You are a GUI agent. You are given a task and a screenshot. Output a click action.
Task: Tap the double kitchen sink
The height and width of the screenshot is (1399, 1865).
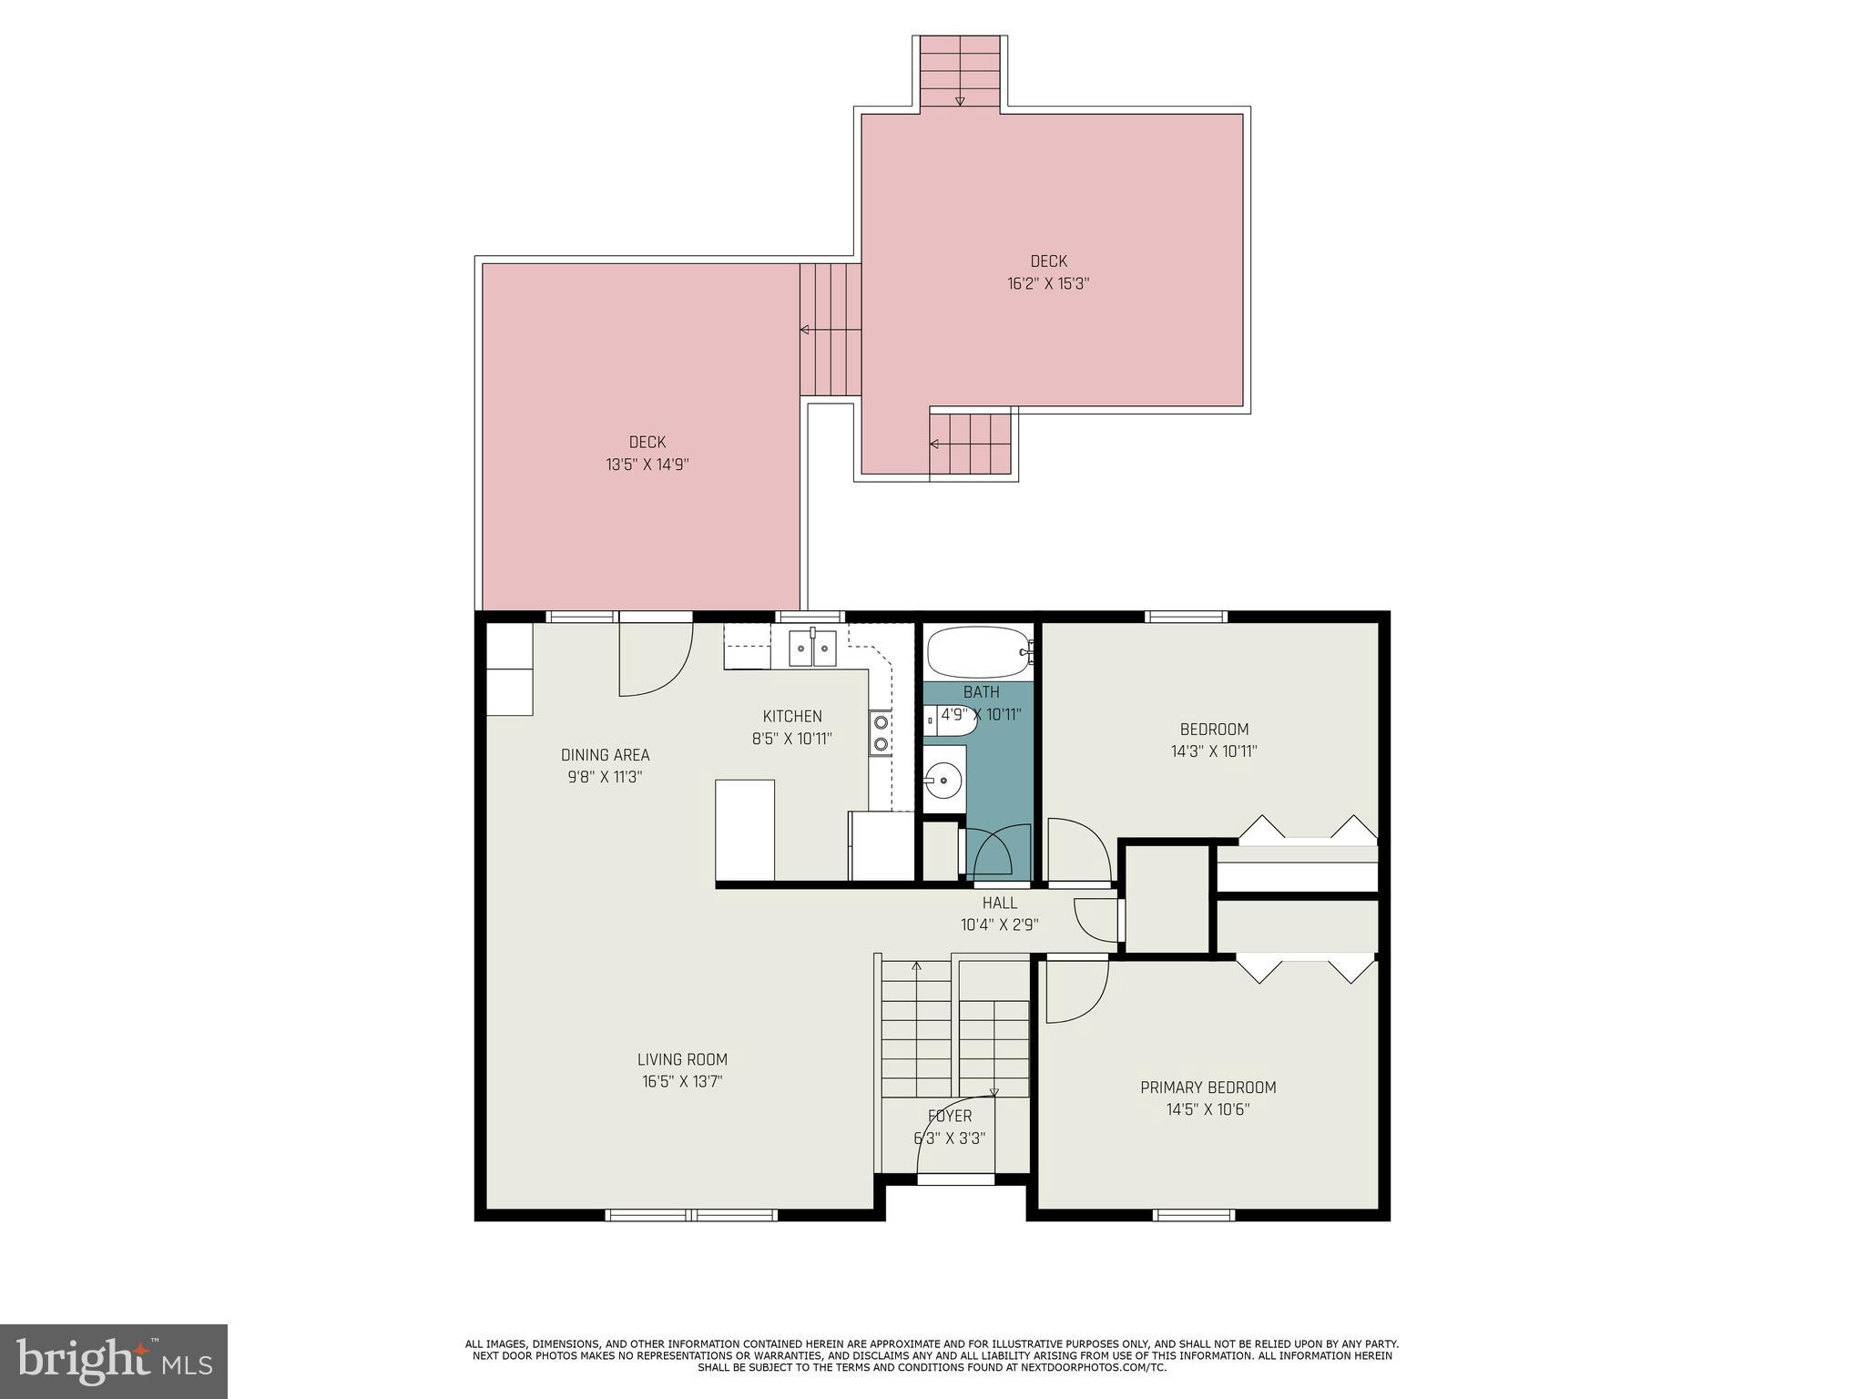[812, 649]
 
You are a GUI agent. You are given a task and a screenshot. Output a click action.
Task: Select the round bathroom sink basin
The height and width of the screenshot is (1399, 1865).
[943, 780]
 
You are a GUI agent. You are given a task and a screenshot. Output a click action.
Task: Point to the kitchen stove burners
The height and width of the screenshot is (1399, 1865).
[881, 733]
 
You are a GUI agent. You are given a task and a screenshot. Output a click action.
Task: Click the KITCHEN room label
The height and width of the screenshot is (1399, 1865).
[792, 717]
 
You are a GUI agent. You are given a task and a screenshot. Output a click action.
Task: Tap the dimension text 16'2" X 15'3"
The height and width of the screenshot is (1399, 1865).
[1048, 283]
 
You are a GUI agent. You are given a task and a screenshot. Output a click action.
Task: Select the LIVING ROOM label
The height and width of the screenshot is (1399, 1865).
[682, 1059]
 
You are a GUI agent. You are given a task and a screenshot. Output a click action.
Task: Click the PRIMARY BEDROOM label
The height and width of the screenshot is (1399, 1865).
[1208, 1088]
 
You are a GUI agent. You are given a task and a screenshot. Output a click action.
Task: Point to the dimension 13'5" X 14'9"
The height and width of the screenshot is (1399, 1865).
[647, 465]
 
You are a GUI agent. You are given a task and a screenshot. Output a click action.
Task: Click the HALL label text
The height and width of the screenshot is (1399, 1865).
[999, 904]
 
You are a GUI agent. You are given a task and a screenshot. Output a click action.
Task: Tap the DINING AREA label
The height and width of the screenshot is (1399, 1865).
[605, 755]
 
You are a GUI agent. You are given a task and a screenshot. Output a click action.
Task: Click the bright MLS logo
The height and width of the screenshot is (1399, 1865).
[114, 1362]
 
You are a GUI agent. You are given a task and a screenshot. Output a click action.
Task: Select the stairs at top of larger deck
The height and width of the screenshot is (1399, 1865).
[960, 73]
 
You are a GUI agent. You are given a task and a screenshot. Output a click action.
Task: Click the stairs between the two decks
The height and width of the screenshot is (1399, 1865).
[830, 329]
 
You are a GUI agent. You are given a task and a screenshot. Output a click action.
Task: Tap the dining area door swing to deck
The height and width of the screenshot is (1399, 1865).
[654, 660]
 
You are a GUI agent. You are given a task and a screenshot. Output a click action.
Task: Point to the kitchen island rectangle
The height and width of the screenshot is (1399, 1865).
[745, 830]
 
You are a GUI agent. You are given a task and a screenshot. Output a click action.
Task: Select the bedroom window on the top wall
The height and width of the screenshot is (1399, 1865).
[1186, 617]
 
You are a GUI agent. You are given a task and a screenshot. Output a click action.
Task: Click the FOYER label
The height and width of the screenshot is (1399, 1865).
[950, 1117]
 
